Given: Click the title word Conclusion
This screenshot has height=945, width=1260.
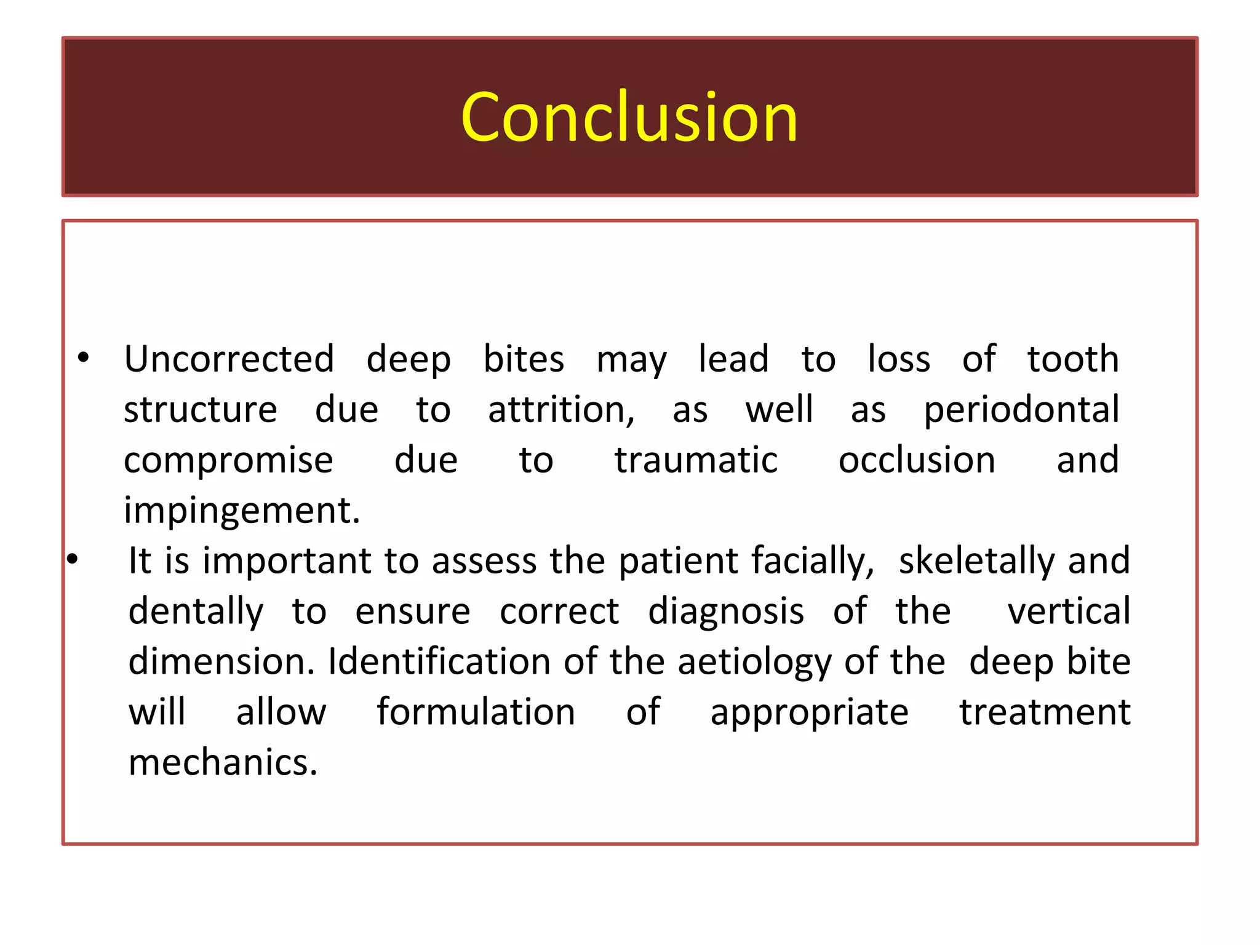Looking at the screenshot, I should [x=629, y=117].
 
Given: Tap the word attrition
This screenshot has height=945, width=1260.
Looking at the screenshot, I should [x=560, y=410].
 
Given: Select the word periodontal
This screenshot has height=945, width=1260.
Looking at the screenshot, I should [x=1021, y=411].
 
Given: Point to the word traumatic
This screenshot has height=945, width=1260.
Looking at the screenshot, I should [x=696, y=460].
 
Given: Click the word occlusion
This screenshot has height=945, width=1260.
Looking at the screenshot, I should [x=917, y=460].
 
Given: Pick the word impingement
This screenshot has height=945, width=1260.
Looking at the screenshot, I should [x=241, y=511].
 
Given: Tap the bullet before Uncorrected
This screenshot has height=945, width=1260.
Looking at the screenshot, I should [x=84, y=357].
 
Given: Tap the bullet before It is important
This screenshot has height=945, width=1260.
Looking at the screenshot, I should [x=73, y=559].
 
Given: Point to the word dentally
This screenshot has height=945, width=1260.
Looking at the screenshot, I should [x=196, y=612].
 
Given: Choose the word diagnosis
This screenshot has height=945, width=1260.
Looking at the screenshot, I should [x=726, y=612].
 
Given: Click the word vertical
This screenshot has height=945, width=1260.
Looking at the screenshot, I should [x=1069, y=611].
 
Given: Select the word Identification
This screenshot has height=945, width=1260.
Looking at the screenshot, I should [x=439, y=662].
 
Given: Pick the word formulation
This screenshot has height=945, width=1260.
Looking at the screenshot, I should [x=476, y=712].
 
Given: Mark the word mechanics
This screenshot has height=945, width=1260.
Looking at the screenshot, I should [x=223, y=763].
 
